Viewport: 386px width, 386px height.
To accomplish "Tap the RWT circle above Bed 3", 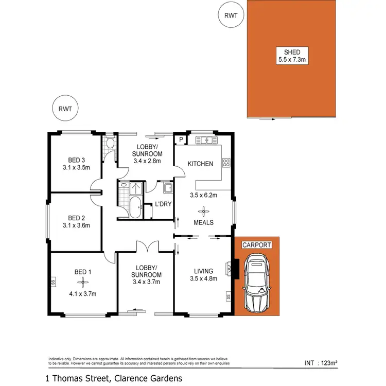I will pyautogui.click(x=65, y=109).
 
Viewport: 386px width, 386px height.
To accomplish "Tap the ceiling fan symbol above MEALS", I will pyautogui.click(x=204, y=211).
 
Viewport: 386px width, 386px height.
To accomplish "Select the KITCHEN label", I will pyautogui.click(x=200, y=164).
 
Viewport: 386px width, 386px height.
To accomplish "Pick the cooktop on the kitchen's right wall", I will pyautogui.click(x=225, y=163).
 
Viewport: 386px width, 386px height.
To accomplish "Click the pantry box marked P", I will pyautogui.click(x=181, y=139).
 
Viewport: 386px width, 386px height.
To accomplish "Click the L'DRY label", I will pyautogui.click(x=163, y=204).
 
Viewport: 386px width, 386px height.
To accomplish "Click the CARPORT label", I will pyautogui.click(x=256, y=245).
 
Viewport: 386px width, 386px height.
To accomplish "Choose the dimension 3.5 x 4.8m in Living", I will pyautogui.click(x=203, y=278).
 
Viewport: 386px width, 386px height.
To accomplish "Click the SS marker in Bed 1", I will pyautogui.click(x=53, y=282).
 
